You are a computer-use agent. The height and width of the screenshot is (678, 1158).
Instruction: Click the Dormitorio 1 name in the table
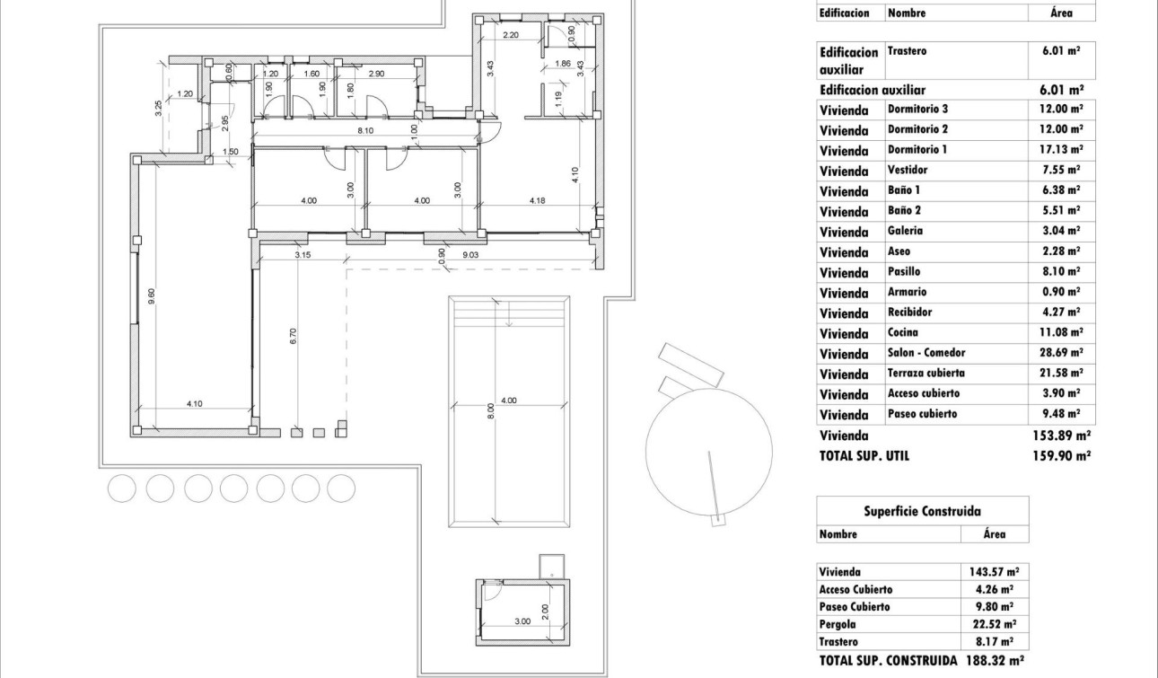pyautogui.click(x=917, y=149)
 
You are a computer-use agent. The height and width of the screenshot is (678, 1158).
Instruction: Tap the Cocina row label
pyautogui.click(x=903, y=332)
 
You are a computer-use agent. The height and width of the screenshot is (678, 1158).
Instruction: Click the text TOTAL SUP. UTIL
pyautogui.click(x=864, y=456)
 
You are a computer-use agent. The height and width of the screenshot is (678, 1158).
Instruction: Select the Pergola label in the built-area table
pyautogui.click(x=838, y=624)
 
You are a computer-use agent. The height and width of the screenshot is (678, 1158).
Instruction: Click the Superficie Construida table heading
pyautogui.click(x=922, y=511)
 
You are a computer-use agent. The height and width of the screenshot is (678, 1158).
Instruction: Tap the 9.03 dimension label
pyautogui.click(x=473, y=255)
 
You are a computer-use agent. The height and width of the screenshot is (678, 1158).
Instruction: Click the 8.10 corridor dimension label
pyautogui.click(x=364, y=130)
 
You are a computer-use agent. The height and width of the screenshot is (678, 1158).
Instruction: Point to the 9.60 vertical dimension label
pyautogui.click(x=152, y=295)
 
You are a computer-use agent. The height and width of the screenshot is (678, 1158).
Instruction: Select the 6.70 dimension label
pyautogui.click(x=293, y=337)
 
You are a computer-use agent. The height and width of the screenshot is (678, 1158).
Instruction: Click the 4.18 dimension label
pyautogui.click(x=538, y=201)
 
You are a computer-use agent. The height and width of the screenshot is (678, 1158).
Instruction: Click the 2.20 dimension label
pyautogui.click(x=511, y=36)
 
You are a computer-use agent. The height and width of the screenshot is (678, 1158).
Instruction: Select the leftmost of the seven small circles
pyautogui.click(x=122, y=489)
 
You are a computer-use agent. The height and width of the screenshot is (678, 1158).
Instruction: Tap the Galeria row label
pyautogui.click(x=905, y=231)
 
